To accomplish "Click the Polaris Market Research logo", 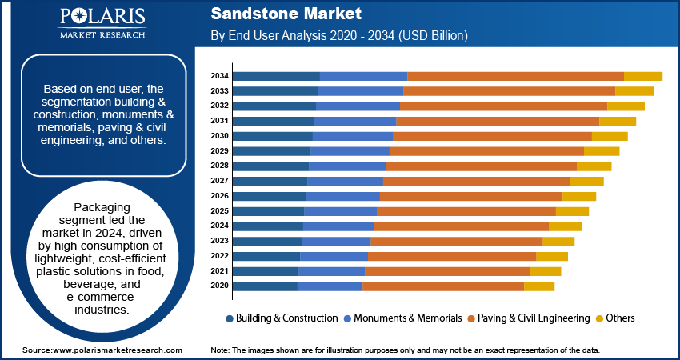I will (102, 24).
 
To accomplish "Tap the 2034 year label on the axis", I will (220, 76).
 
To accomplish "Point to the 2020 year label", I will (220, 286).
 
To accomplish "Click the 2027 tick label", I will (220, 181).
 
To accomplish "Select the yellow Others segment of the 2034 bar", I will (642, 76).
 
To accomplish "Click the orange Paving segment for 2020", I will (442, 286).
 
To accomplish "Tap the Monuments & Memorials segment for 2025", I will (340, 211).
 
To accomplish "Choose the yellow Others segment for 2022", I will (551, 256).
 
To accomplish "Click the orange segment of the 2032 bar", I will (503, 106).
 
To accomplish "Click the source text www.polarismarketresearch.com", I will (118, 350).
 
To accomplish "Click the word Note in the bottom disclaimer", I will (220, 350).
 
